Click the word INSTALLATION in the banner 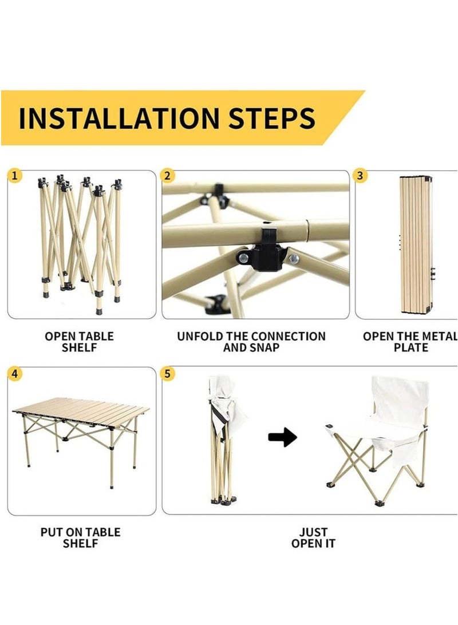point(119,118)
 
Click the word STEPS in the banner point(271,118)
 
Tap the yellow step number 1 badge point(15,176)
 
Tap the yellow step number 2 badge point(167,176)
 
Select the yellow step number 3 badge point(360,176)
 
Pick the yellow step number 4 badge point(15,374)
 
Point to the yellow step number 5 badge point(167,374)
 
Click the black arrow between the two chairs point(282,437)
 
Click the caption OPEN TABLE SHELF point(80,342)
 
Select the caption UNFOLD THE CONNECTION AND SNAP point(251,342)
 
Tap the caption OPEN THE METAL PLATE point(410,342)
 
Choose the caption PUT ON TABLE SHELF point(80,537)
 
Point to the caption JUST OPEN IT point(313,537)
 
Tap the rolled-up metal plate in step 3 point(416,245)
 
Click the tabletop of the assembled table point(81,412)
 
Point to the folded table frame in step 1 point(80,243)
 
